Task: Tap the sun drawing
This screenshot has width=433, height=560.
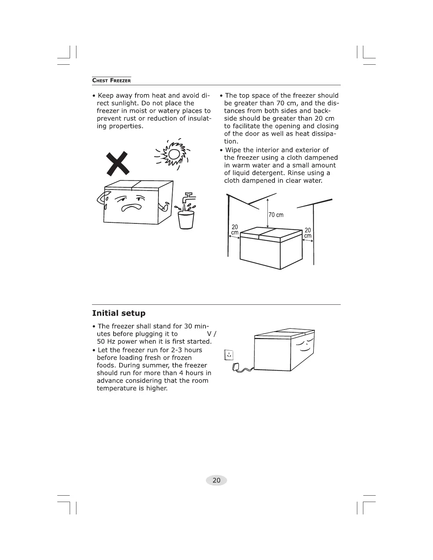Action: (x=174, y=154)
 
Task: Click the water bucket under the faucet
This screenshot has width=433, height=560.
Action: (x=186, y=220)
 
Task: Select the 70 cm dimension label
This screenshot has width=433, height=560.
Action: (x=276, y=215)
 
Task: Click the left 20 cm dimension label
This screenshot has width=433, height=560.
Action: (x=235, y=230)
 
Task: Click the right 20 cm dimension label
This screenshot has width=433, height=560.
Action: (x=308, y=233)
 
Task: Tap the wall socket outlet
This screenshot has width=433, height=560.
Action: (x=229, y=355)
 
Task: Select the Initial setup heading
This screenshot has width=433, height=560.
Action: (x=119, y=313)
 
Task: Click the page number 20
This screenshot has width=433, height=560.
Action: (x=216, y=480)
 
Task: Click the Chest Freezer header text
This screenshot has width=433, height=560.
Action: (x=111, y=80)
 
